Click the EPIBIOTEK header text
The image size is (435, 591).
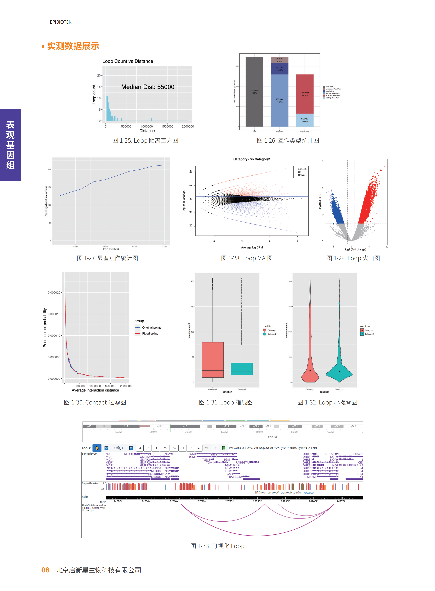pyautogui.click(x=61, y=22)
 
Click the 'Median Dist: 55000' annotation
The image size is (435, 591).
pyautogui.click(x=148, y=87)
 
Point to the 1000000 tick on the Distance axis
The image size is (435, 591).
pyautogui.click(x=147, y=127)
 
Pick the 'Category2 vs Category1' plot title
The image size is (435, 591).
pyautogui.click(x=252, y=159)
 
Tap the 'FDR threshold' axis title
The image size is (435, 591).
pyautogui.click(x=111, y=249)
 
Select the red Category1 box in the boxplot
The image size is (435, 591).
pyautogui.click(x=212, y=360)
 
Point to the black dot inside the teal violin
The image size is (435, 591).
pyautogui.click(x=339, y=371)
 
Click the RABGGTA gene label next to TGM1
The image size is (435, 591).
pyautogui.click(x=242, y=462)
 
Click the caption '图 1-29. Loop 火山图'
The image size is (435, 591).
pyautogui.click(x=353, y=258)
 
